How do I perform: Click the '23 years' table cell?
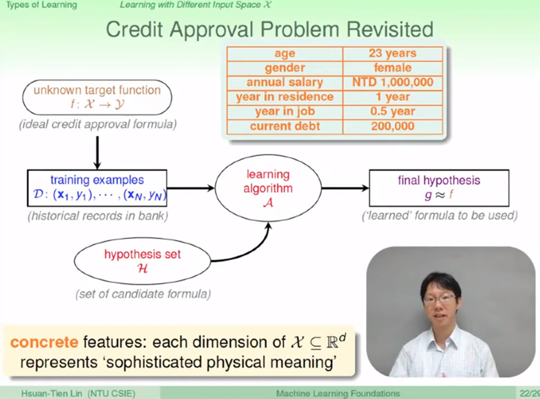392,54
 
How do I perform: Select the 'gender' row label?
285,68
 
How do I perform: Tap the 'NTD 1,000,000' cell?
392,83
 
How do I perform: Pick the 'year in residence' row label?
285,97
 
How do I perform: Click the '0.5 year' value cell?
392,112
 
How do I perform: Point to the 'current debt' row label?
285,127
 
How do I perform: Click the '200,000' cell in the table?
392,127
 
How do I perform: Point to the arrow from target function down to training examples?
97,153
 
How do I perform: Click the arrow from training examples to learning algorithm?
191,188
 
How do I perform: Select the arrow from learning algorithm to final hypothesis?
345,188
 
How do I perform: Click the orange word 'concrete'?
44,342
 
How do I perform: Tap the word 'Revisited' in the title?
390,30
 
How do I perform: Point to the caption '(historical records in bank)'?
98,216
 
